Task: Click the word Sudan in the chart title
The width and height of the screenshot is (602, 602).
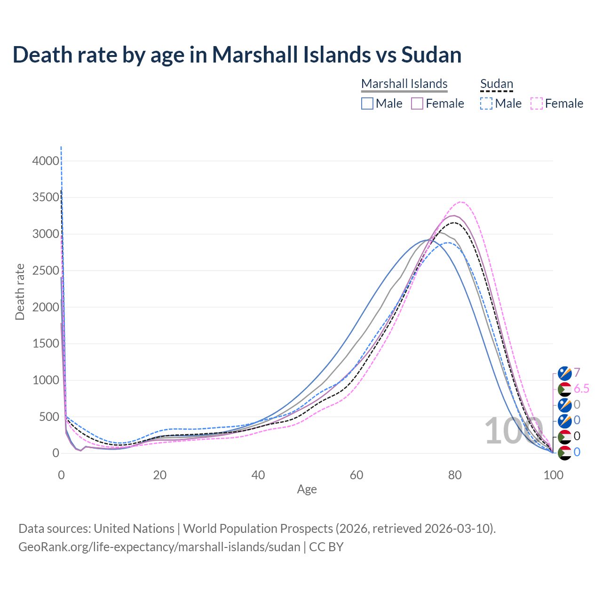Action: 431,55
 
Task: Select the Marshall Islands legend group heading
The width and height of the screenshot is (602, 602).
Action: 404,84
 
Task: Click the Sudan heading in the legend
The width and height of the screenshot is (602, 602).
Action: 496,84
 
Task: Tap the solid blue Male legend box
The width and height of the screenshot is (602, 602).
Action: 367,103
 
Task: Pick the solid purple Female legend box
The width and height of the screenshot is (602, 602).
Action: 418,103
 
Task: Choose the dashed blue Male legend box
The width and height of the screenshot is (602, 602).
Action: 487,103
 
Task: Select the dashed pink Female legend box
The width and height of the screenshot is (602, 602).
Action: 537,103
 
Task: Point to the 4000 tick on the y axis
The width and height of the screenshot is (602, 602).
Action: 46,161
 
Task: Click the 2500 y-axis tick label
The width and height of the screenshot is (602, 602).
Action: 46,270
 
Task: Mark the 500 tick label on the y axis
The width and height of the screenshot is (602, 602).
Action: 49,417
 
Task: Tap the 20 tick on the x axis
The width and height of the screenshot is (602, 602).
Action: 160,475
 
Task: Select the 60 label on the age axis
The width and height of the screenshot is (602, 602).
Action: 356,475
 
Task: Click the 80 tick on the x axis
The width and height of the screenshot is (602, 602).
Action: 455,475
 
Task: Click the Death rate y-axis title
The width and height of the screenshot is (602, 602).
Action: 20,292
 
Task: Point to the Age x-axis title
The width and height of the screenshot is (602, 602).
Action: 307,489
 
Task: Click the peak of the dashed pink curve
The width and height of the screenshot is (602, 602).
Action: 461,202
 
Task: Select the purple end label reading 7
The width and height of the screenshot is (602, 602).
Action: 577,373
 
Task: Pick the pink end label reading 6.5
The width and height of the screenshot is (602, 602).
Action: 581,388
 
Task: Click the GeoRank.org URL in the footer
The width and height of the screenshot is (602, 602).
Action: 159,547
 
